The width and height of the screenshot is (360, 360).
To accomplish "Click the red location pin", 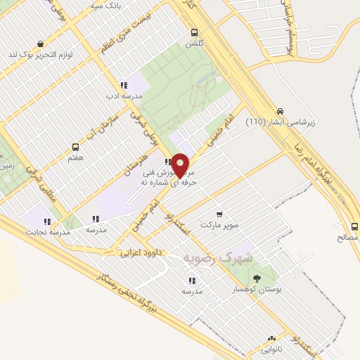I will coord(181,165).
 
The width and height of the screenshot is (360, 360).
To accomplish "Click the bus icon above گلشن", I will coord(194,32).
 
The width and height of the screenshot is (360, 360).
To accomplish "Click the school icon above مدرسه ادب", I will coord(124,85).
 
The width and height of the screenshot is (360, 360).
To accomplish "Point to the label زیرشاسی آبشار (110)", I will coord(281,122).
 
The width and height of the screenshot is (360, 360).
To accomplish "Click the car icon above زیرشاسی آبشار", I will coord(281,111).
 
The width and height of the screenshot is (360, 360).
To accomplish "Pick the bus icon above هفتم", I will coord(75,147).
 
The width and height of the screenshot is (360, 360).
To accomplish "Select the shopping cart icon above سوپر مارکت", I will coord(219,214).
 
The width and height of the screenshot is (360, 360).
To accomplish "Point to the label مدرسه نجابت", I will coord(48,231).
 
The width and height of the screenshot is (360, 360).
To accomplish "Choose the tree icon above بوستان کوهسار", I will coord(255,278).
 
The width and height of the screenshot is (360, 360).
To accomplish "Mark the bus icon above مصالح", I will coord(354,226).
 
